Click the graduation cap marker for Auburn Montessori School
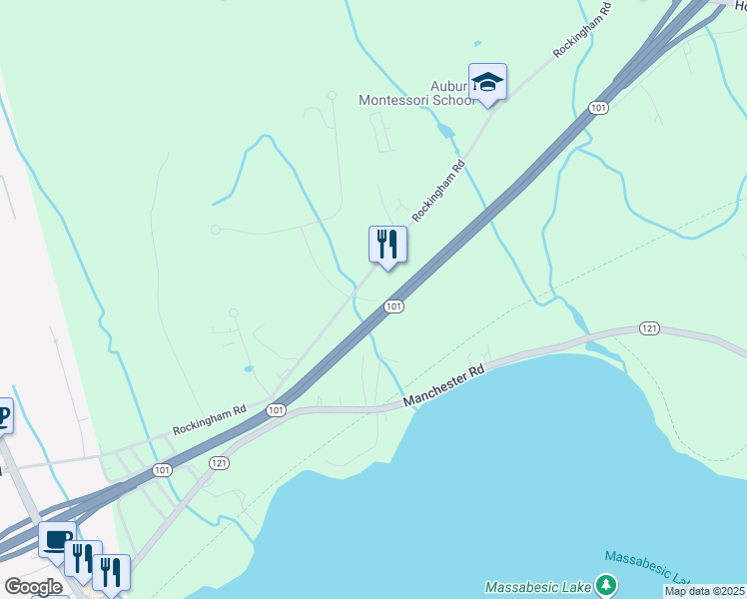(487, 82)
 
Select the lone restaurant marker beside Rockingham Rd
(387, 244)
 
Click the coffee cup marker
(57, 540)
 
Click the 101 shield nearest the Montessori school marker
(598, 107)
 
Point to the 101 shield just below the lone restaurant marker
(393, 306)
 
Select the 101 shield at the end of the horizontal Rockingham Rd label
(277, 410)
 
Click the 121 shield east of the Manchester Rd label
(649, 328)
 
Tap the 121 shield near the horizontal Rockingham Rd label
(220, 463)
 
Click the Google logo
(33, 587)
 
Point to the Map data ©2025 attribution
(705, 591)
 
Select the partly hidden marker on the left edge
(5, 415)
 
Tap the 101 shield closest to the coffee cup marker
(162, 468)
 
